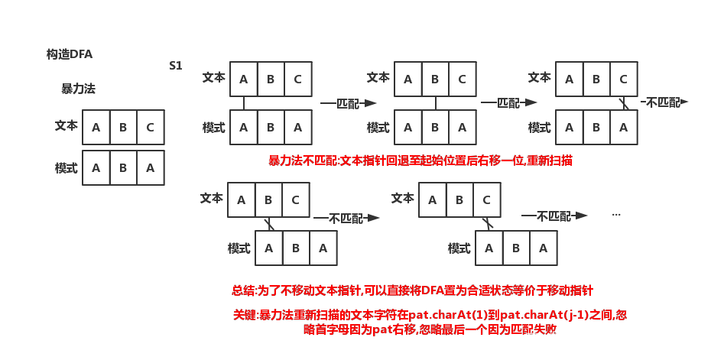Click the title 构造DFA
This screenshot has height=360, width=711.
(x=70, y=54)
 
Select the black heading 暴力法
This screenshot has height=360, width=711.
(x=79, y=89)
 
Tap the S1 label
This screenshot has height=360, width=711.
(x=176, y=66)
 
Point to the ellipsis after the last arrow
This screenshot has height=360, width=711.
(x=615, y=215)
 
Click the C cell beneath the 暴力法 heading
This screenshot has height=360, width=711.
(x=151, y=128)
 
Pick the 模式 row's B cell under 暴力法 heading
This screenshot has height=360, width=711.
(x=123, y=168)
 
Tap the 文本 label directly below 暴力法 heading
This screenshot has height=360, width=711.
(x=67, y=125)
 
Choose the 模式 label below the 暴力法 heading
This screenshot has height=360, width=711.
(x=67, y=168)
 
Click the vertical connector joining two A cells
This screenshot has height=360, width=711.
(x=244, y=103)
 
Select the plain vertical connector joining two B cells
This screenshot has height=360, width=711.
(x=435, y=103)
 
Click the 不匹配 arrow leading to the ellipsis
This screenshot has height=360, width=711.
(x=554, y=216)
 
